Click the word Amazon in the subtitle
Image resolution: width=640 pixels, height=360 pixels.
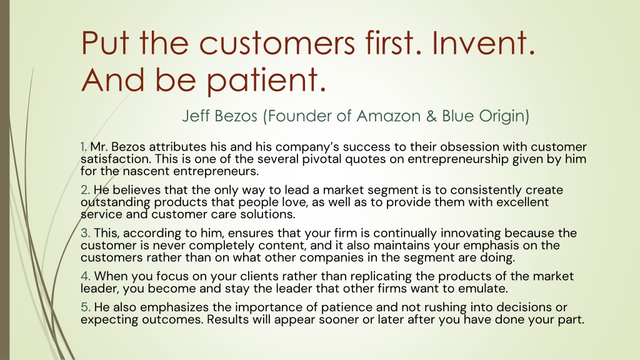(x=388, y=116)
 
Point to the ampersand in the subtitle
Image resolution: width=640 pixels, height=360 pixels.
(x=431, y=116)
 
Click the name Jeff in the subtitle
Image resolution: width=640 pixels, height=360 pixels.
(x=192, y=116)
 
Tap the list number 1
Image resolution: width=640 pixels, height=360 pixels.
(x=84, y=146)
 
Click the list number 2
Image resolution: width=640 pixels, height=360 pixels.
(x=85, y=190)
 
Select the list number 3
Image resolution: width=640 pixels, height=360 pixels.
(x=85, y=233)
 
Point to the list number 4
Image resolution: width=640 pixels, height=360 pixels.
(x=85, y=276)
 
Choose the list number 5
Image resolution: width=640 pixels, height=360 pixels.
(x=85, y=307)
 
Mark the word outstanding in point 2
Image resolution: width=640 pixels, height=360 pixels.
(x=116, y=202)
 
